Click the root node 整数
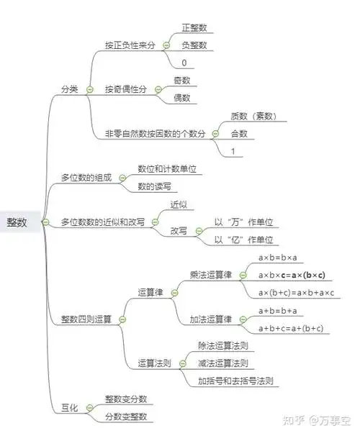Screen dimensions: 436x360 click(17, 222)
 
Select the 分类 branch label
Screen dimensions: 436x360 click(70, 89)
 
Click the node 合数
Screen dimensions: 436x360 click(238, 134)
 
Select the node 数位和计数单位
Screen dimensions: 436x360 click(167, 170)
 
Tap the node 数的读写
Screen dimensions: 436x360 click(153, 187)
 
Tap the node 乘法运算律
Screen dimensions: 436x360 click(210, 275)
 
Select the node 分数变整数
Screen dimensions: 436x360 click(126, 417)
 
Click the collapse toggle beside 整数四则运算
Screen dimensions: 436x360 click(122, 319)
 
